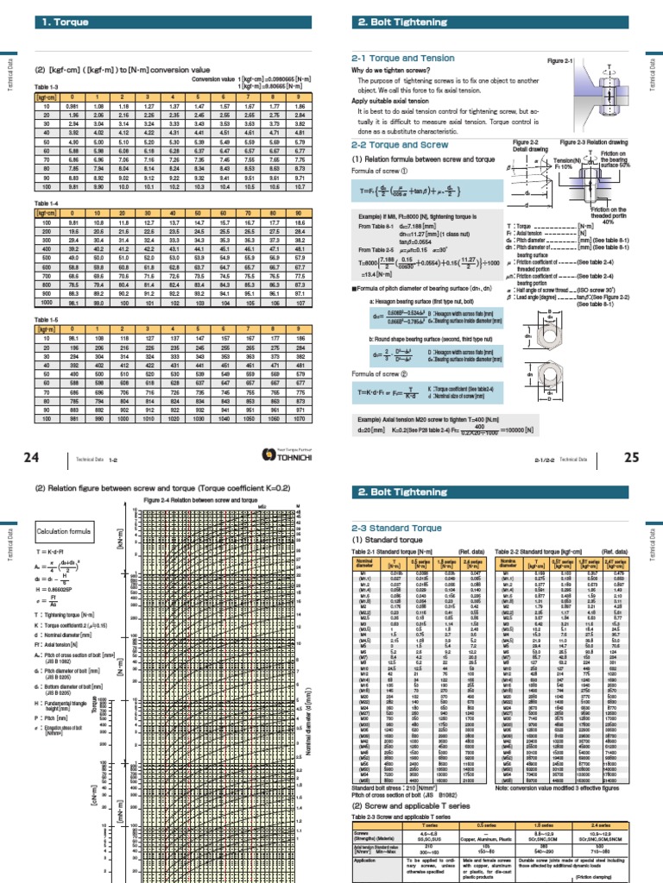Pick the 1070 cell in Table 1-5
coord(300,420)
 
